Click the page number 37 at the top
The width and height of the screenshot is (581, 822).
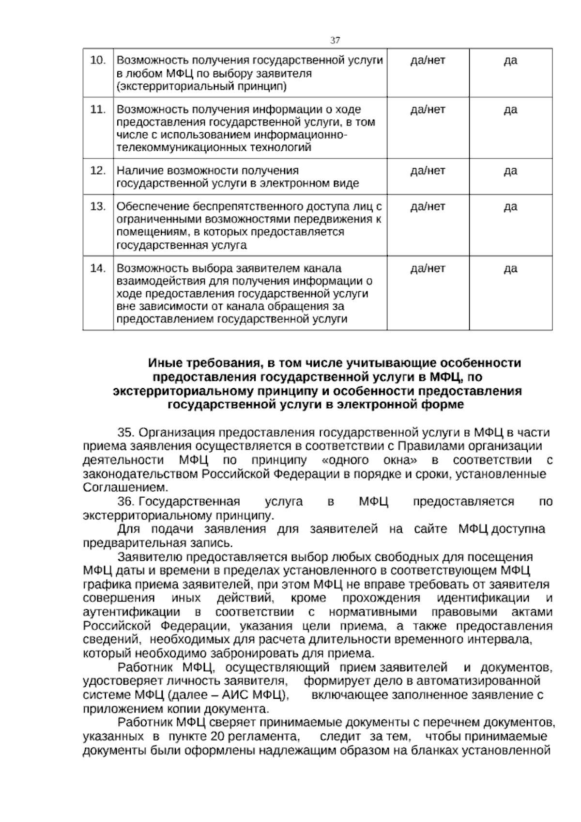[335, 40]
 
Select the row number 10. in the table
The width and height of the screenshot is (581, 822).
[98, 61]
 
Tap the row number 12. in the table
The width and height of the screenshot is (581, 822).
[98, 171]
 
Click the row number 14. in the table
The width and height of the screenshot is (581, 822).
[98, 269]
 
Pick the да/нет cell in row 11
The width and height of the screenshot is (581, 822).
[428, 110]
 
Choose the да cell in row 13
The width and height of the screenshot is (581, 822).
[510, 207]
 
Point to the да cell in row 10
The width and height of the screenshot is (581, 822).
[510, 61]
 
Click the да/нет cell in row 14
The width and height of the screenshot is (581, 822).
[428, 269]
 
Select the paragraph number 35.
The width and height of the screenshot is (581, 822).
[128, 432]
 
